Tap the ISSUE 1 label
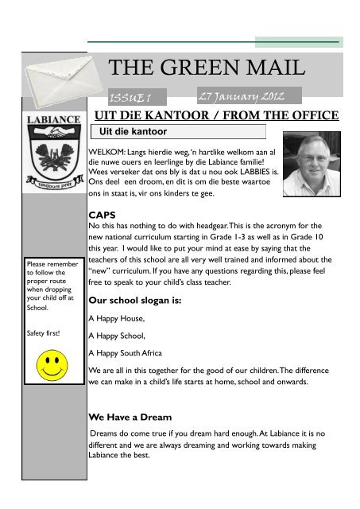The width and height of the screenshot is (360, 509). coord(137,98)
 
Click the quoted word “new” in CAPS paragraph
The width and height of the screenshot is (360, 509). coord(101,270)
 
